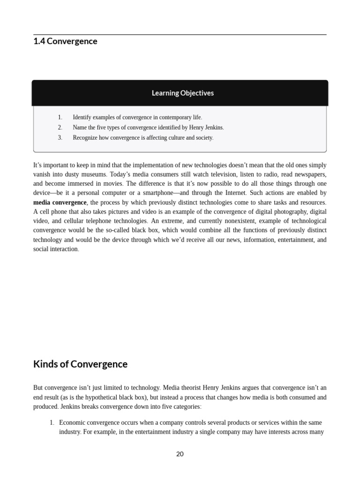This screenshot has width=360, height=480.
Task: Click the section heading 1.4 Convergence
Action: [65, 41]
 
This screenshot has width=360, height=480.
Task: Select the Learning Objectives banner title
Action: [182, 93]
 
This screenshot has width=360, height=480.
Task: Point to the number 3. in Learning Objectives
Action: [60, 138]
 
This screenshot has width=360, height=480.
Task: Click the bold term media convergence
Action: [60, 202]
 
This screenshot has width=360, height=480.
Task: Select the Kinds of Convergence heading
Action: [80, 364]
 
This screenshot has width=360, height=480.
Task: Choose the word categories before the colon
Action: [186, 406]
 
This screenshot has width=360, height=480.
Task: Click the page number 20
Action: [180, 454]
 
